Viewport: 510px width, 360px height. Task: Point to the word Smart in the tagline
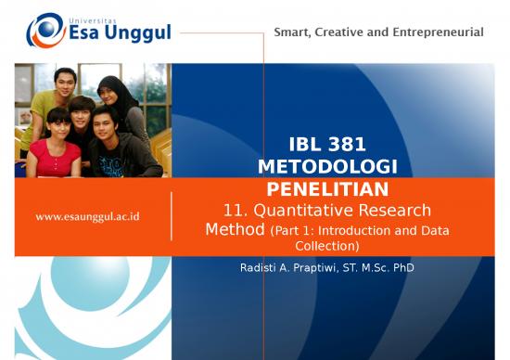pyautogui.click(x=294, y=32)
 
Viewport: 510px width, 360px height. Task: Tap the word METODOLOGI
pyautogui.click(x=326, y=165)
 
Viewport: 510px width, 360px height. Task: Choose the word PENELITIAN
pyautogui.click(x=326, y=186)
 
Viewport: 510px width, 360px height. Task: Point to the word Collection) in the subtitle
pyautogui.click(x=326, y=246)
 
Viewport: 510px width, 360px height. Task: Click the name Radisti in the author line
pyautogui.click(x=259, y=268)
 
